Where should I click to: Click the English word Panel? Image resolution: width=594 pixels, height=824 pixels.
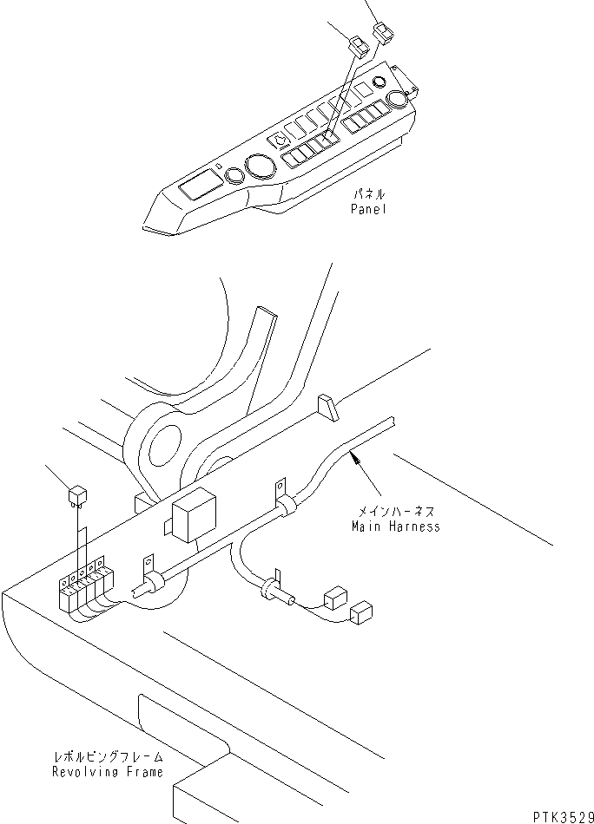(369, 209)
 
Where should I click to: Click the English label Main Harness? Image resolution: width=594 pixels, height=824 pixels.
(395, 526)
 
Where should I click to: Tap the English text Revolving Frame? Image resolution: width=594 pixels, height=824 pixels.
(107, 772)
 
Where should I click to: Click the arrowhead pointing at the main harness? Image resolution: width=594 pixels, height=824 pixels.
(353, 455)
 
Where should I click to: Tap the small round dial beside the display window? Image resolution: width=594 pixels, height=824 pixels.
(233, 178)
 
